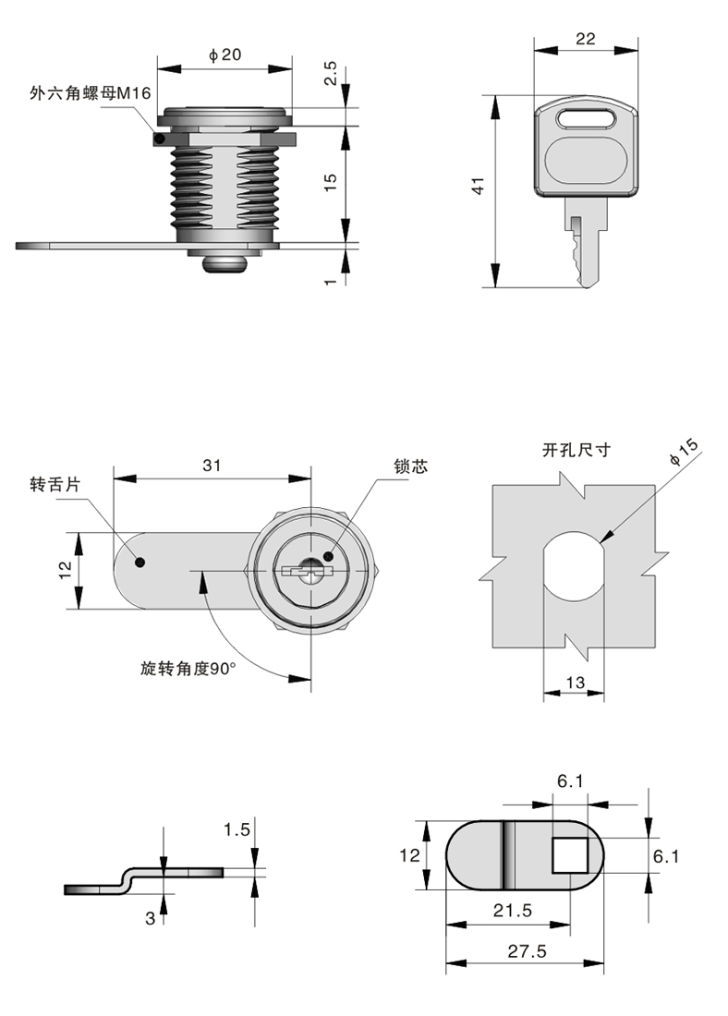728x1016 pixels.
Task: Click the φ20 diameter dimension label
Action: (x=224, y=55)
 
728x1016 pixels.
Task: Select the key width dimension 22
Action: (x=585, y=38)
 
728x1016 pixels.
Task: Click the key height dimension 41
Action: (x=478, y=187)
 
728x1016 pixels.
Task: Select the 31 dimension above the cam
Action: (x=212, y=466)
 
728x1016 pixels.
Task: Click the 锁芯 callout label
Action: (x=410, y=468)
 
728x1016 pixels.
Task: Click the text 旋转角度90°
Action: (x=188, y=669)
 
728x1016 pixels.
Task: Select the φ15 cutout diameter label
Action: (x=685, y=456)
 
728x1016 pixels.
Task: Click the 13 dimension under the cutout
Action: (x=575, y=683)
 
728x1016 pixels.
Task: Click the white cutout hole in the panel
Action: (x=574, y=577)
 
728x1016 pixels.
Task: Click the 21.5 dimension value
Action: (x=512, y=911)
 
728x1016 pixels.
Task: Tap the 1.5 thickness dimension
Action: (x=237, y=829)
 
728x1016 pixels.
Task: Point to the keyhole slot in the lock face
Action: (x=304, y=573)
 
